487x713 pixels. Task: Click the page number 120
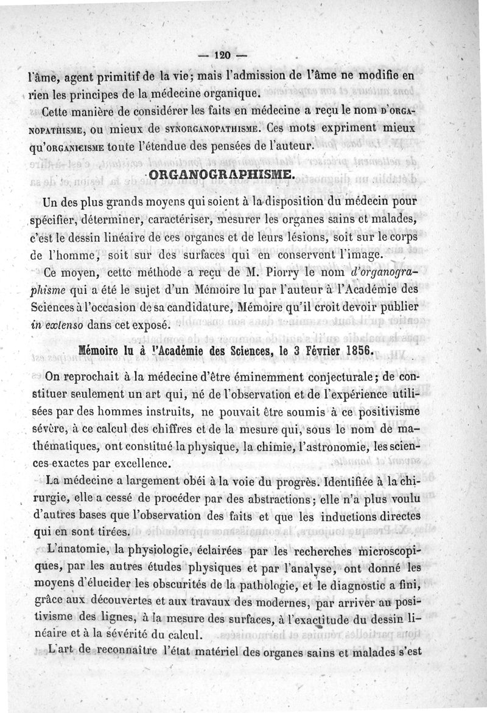[x=220, y=55]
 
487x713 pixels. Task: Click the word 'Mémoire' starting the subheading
[x=100, y=353]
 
